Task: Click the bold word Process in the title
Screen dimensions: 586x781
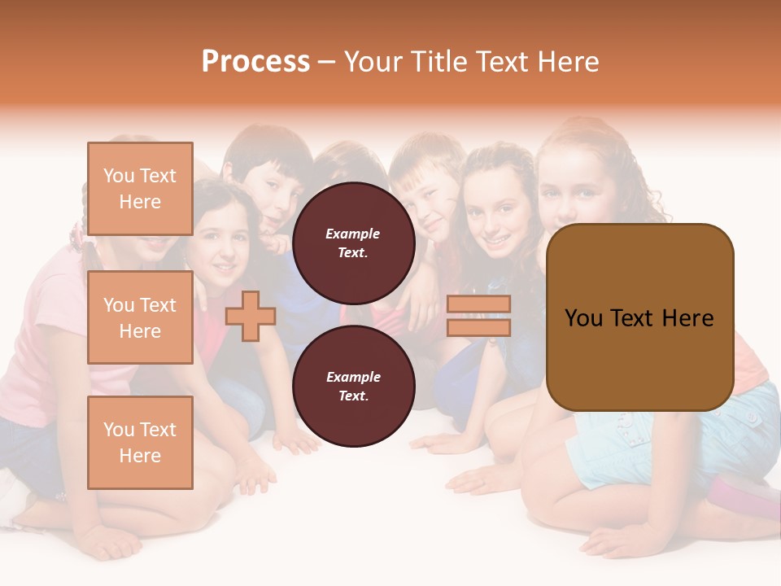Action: click(255, 62)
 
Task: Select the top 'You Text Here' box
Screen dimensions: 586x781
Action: click(140, 190)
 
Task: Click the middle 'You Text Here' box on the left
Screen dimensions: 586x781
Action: click(140, 317)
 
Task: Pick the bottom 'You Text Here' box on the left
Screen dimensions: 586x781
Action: click(140, 443)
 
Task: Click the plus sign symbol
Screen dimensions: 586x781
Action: click(250, 317)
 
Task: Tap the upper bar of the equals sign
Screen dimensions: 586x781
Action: click(478, 304)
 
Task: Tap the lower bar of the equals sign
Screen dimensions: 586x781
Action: click(478, 327)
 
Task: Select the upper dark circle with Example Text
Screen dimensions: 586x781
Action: click(353, 243)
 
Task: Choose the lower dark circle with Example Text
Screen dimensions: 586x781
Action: click(353, 386)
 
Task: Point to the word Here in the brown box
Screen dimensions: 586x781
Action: click(687, 318)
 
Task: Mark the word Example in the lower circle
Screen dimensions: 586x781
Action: click(353, 377)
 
